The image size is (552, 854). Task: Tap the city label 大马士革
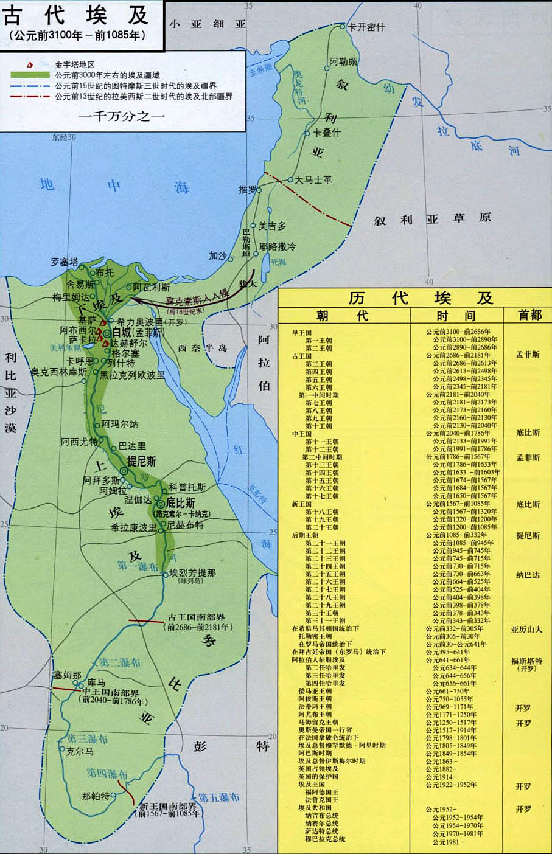313,180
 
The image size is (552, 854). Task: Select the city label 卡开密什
366,27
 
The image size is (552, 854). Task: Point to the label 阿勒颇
343,61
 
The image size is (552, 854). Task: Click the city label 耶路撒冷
278,246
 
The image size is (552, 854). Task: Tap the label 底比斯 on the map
181,504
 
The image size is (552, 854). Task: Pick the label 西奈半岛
203,348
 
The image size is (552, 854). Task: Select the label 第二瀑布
121,663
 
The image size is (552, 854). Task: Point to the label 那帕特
96,796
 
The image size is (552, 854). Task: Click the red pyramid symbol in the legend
30,64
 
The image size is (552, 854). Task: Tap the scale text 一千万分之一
122,116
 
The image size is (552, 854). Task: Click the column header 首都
529,315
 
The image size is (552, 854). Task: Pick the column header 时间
456,315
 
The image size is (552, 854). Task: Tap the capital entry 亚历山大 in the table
526,629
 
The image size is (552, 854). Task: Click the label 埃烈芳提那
192,573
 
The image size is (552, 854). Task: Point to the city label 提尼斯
141,461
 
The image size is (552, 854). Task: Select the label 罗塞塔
65,262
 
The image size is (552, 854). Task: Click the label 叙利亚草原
432,219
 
